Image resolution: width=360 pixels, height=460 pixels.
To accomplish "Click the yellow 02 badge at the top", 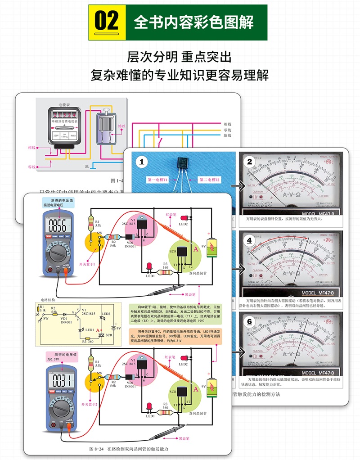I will [x=107, y=22].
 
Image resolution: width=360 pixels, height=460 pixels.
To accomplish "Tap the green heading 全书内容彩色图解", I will [x=193, y=22].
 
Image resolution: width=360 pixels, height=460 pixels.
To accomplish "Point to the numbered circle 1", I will [x=142, y=162].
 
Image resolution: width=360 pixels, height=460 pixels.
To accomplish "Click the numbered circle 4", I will [x=249, y=241].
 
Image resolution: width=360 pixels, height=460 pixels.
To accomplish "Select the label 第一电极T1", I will [x=157, y=180].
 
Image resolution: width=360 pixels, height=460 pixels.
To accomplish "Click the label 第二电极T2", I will [x=210, y=180].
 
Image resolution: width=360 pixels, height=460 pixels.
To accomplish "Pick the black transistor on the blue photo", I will [x=184, y=163].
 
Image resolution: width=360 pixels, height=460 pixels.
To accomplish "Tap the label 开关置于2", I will [x=90, y=404].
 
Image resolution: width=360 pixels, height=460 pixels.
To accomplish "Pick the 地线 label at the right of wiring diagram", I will [x=227, y=135].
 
